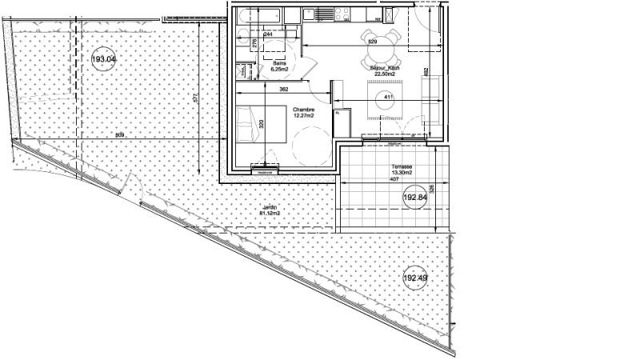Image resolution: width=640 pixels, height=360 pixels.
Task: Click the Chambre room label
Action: [302, 110]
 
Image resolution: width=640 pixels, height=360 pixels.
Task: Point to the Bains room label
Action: [279, 63]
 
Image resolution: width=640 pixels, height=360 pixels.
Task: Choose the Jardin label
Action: [268, 207]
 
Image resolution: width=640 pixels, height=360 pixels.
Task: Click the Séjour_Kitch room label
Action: [385, 69]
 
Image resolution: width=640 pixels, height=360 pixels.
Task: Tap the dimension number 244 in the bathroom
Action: [267, 34]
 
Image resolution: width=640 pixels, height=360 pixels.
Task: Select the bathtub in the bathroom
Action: [258, 15]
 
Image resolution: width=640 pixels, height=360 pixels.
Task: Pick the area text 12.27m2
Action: [303, 117]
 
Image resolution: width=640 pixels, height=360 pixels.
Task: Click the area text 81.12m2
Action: [268, 214]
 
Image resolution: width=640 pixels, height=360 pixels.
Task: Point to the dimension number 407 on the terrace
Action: [395, 180]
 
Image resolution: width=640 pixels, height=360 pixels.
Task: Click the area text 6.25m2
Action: [279, 70]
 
